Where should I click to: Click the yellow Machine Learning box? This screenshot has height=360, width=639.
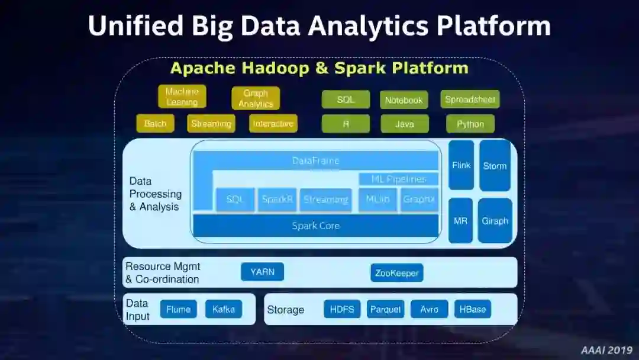(x=182, y=97)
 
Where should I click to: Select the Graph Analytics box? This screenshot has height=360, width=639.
(x=256, y=98)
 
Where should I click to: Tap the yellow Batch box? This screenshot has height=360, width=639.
(x=156, y=124)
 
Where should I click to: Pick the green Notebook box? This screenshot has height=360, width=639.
(x=404, y=100)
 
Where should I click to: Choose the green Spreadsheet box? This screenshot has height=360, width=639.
(x=470, y=99)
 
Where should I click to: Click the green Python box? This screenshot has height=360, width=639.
(x=470, y=124)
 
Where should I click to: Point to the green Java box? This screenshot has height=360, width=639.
(x=404, y=124)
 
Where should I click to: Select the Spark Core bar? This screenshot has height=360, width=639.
(x=316, y=226)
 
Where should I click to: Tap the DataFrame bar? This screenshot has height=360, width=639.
(x=316, y=160)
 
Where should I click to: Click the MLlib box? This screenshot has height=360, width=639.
(x=377, y=200)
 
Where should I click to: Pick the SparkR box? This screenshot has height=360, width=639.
(x=277, y=200)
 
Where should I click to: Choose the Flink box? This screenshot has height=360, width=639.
(x=461, y=165)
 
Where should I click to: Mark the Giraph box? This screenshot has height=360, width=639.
(x=495, y=221)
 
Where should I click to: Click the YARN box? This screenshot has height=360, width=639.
(x=262, y=272)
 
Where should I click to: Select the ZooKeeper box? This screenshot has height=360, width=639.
(x=396, y=273)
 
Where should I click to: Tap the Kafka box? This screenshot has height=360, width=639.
(x=224, y=309)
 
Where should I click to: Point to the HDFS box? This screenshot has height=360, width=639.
(x=342, y=309)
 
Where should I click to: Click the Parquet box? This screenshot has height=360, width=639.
(x=385, y=309)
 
